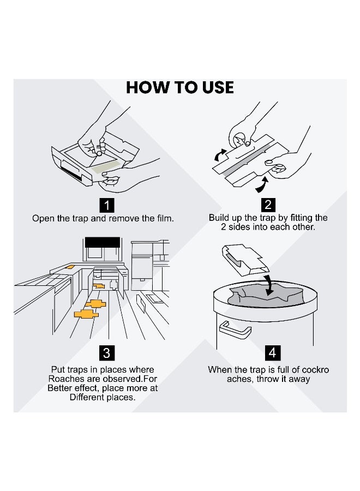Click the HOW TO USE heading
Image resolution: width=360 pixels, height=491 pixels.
[179, 87]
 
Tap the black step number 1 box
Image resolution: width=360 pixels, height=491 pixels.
[107, 206]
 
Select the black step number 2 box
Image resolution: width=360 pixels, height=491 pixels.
[268, 205]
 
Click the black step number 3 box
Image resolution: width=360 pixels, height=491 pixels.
[106, 353]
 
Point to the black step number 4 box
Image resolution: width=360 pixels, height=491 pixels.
[272, 352]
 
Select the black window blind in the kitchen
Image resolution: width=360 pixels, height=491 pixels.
[103, 242]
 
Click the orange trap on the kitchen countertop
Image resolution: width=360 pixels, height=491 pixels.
[70, 267]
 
